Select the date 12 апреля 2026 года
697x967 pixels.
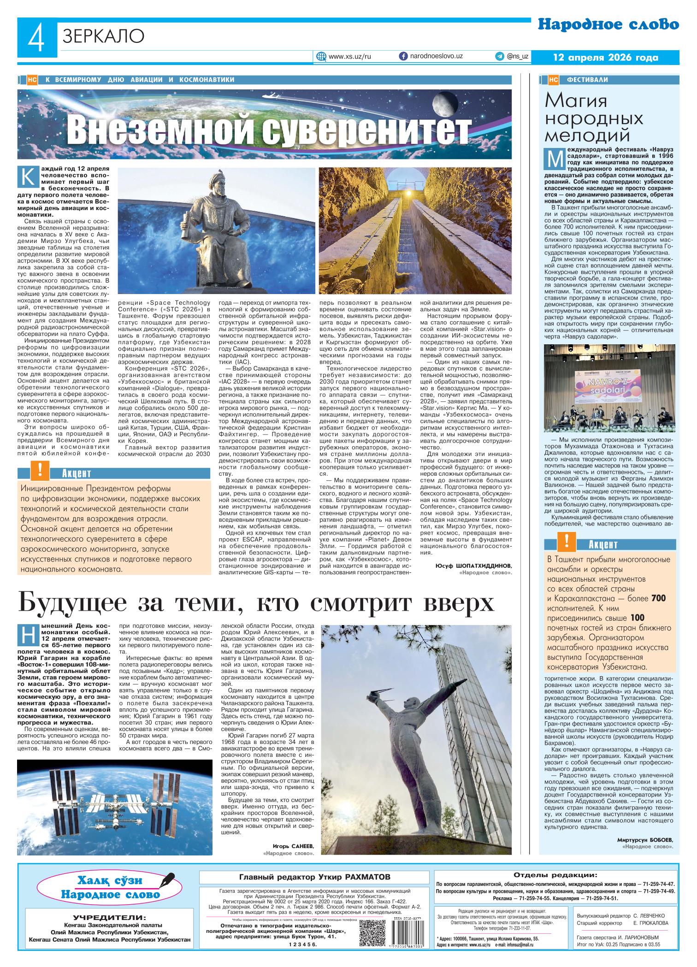[606, 58]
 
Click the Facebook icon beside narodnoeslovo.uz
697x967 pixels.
[403, 56]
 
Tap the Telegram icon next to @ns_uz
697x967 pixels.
[499, 56]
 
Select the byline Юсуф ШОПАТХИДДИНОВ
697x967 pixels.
[473, 566]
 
